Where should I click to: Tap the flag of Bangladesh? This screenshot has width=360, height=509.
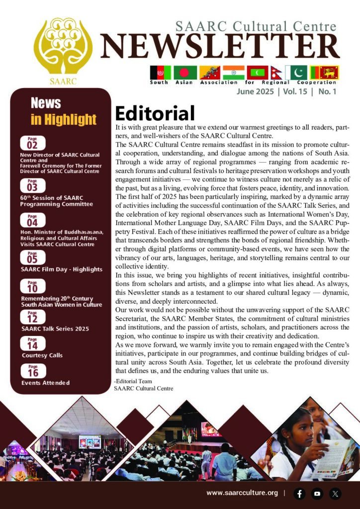[x=185, y=73]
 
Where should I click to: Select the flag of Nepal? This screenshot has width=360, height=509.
[x=289, y=73]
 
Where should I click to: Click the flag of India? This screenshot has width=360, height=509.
[x=233, y=73]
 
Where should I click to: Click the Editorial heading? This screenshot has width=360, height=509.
[x=155, y=113]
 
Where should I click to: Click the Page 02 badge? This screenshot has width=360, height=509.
[x=32, y=143]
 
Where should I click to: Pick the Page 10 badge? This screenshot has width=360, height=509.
[x=32, y=287]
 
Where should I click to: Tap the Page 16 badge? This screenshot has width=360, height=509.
[x=32, y=370]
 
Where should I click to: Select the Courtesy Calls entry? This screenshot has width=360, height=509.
[x=42, y=355]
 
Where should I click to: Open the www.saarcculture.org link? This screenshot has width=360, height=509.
[x=242, y=493]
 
